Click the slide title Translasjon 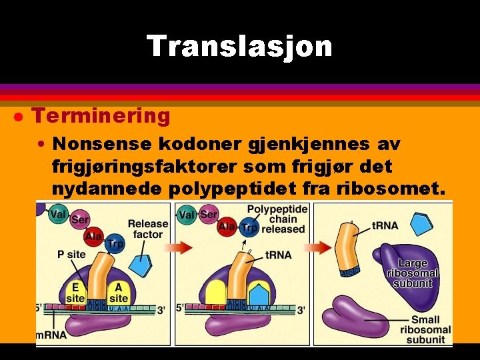click(x=239, y=47)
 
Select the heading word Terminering click(x=101, y=116)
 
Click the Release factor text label click(x=147, y=229)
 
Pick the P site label click(x=71, y=254)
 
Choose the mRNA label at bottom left click(x=52, y=334)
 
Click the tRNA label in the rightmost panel click(x=385, y=225)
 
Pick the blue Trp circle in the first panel click(x=115, y=244)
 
